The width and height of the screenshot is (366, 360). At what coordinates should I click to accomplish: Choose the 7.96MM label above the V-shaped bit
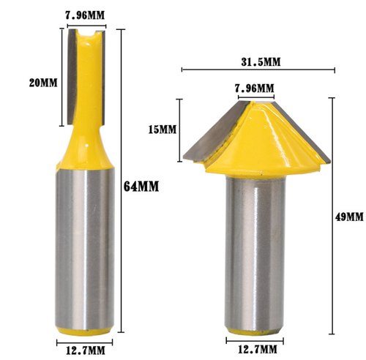coord(254,88)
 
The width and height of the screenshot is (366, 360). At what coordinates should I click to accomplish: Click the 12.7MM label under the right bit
coord(254,350)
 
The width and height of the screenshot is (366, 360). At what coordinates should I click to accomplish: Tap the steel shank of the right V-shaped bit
coord(254,256)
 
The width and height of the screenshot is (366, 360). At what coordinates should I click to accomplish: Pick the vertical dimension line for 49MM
coord(334,217)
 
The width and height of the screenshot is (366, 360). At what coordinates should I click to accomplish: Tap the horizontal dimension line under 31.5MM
coord(255,71)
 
